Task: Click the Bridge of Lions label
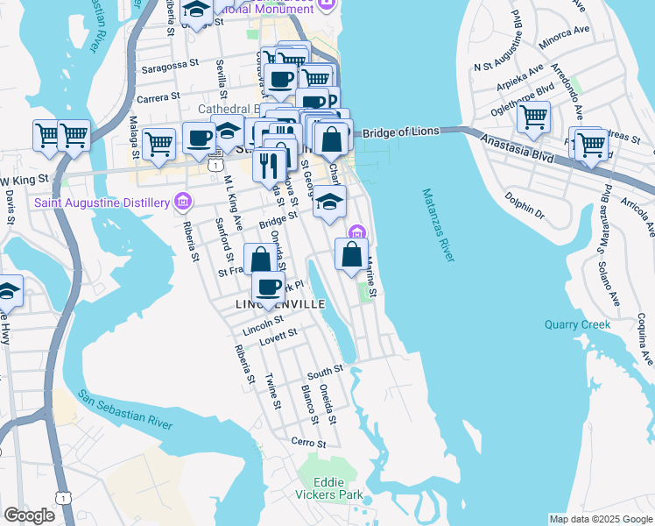[399, 132]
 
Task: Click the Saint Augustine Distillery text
[102, 203]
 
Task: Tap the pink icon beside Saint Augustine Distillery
[182, 203]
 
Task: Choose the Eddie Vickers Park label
[329, 488]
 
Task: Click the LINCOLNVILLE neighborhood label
[280, 304]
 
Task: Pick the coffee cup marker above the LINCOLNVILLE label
[268, 285]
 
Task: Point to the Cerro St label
[308, 444]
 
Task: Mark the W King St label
[22, 181]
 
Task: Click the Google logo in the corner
[29, 515]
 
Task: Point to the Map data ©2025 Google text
[600, 519]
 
